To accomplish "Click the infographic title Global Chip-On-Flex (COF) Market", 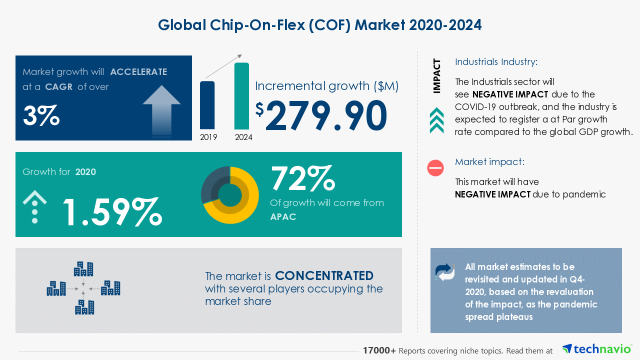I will [320, 25].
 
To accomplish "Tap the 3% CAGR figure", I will [41, 115].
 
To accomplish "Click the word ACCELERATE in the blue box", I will [138, 72].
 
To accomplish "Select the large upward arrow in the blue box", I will [161, 109].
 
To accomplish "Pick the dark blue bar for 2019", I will [207, 105].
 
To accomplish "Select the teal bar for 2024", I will [241, 96].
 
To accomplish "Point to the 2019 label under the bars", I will [208, 137].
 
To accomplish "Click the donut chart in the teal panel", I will [230, 195].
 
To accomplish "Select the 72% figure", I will [302, 178].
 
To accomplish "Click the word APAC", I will [283, 217].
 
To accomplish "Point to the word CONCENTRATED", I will [324, 276].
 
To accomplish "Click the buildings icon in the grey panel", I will [83, 288].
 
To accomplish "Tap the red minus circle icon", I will [435, 168].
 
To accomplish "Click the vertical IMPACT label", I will [437, 76].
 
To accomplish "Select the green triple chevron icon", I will [436, 120].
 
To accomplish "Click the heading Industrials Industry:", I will [496, 62].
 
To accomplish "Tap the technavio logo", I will [597, 349].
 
